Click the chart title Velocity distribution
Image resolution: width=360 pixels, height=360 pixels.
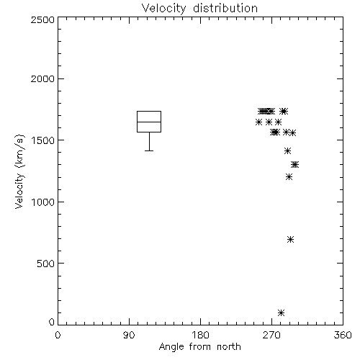199,9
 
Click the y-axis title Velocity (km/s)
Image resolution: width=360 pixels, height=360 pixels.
19,171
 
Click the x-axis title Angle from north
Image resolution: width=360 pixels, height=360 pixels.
199,347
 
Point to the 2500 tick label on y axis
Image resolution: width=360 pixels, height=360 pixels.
42,19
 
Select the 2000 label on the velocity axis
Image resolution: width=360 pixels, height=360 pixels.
42,78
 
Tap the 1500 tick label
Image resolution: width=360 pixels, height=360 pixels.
43,140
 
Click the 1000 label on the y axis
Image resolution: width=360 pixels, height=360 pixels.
43,202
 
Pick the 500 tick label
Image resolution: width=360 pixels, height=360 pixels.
46,264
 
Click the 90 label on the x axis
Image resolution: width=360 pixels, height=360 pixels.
129,335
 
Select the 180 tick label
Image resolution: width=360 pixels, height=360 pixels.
200,335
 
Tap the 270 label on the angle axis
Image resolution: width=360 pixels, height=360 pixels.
271,335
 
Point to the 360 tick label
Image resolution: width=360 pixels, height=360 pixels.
343,335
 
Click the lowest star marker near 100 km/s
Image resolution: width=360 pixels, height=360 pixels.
281,312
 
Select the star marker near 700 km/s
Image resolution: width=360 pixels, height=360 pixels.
290,239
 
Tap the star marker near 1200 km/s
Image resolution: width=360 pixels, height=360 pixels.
289,177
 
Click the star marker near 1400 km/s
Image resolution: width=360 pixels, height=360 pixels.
287,150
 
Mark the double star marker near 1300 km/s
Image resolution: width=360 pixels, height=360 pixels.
295,164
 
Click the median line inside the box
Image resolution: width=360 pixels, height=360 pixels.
149,122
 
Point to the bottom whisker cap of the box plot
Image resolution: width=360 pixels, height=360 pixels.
149,150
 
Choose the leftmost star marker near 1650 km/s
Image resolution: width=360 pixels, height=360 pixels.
258,122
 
